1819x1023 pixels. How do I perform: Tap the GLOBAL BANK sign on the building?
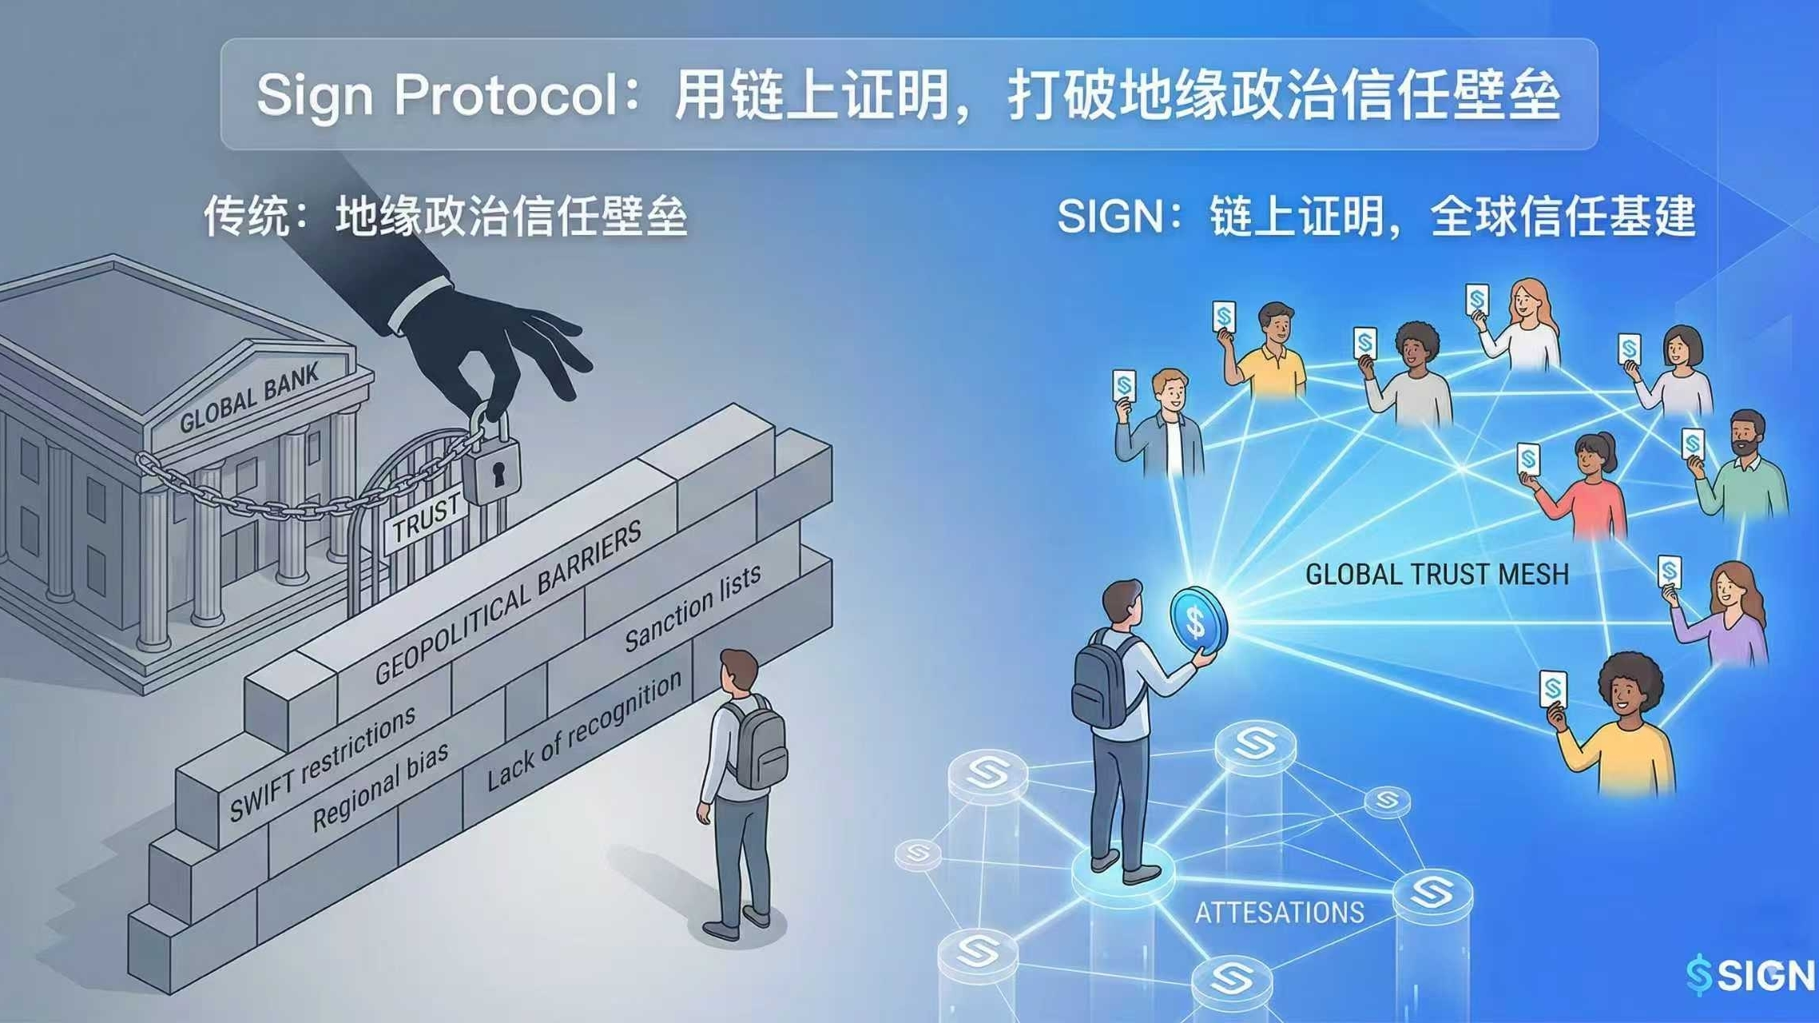click(248, 397)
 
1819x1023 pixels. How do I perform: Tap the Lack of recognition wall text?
click(584, 730)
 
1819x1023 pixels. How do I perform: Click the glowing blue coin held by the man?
click(1196, 621)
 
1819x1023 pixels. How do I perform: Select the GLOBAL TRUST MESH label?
click(1436, 575)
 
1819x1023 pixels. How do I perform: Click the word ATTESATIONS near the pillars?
click(1279, 913)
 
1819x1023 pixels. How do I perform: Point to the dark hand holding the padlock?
click(495, 352)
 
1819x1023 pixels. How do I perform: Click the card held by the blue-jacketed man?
click(1124, 386)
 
